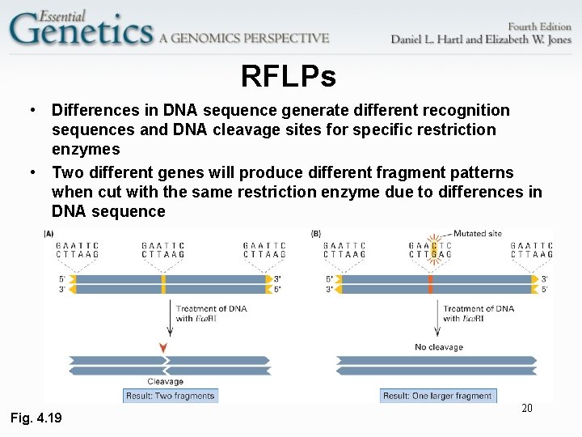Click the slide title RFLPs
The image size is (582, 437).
pos(288,77)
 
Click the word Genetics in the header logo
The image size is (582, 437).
pos(81,30)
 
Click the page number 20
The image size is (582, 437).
pos(526,408)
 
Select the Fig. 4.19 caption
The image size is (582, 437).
pos(35,418)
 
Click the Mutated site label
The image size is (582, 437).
pos(477,233)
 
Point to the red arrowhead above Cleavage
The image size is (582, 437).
pos(164,348)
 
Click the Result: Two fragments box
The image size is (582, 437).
pos(171,396)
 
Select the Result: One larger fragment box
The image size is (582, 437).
pos(437,396)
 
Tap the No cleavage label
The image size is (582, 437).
pos(438,347)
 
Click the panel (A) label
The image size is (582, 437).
pos(49,234)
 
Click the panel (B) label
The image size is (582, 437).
pos(316,234)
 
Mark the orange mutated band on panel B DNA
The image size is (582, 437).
pos(431,284)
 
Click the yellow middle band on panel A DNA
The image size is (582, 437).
pos(163,284)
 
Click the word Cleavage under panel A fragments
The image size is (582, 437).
pos(165,381)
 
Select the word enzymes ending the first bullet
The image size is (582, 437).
pos(86,149)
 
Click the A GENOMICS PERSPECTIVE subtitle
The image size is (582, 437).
pos(244,38)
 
